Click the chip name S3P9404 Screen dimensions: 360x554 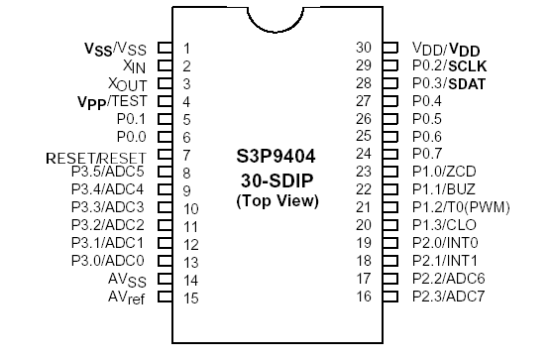[x=277, y=157]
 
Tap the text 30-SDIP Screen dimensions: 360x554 [x=277, y=182]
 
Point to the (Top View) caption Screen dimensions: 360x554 [x=277, y=201]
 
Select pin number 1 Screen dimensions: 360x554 [x=187, y=48]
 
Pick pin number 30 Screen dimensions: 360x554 [x=364, y=47]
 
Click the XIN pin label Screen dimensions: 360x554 [x=136, y=65]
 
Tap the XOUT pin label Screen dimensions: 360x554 [x=128, y=84]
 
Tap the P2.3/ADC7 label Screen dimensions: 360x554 [x=448, y=297]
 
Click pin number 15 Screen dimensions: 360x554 [x=189, y=298]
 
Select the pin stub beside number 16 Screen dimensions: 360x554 [x=390, y=297]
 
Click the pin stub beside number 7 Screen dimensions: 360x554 [x=166, y=155]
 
